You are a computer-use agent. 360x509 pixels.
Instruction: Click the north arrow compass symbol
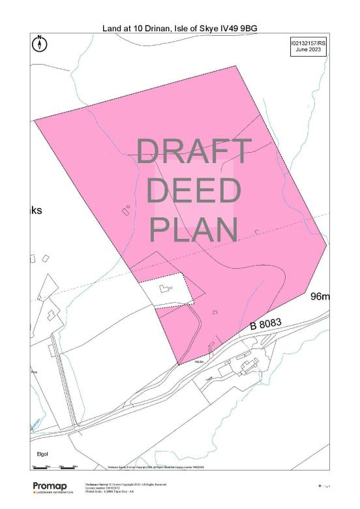pos(40,44)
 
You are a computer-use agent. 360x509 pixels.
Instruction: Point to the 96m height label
pos(320,298)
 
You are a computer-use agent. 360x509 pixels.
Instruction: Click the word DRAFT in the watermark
pos(194,152)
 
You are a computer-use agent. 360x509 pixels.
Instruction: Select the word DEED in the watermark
pos(193,191)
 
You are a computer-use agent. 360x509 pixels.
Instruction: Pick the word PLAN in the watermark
pos(194,229)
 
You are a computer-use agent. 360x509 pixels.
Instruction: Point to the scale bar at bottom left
pos(55,467)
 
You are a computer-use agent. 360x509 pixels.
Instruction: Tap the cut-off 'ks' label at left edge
pos(37,211)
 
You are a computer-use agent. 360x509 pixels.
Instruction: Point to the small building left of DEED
pos(125,209)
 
